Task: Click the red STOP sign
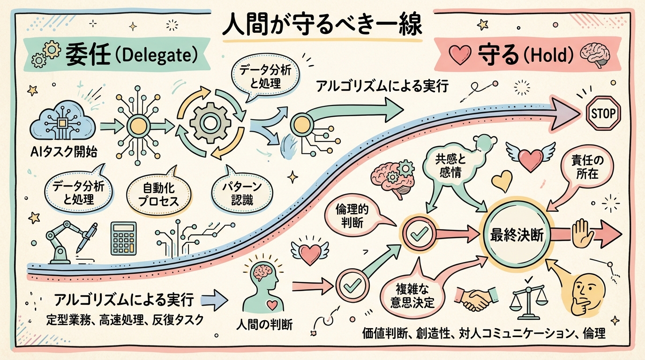coord(604,113)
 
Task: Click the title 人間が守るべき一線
coord(322,26)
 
